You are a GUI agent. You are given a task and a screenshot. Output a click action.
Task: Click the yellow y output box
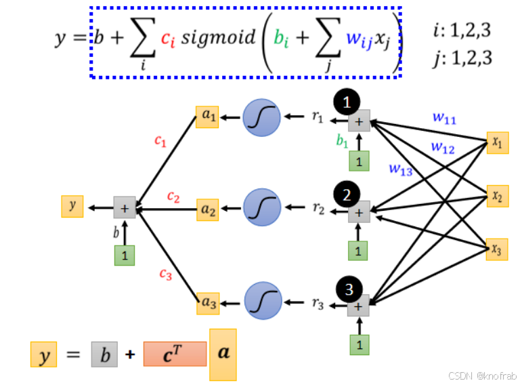coord(72,206)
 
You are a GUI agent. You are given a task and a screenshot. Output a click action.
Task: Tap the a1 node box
coord(207,117)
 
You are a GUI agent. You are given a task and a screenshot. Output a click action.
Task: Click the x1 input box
coord(497,143)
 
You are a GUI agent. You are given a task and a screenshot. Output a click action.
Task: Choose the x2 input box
coord(497,197)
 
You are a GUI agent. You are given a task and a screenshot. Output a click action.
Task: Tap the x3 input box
coord(497,249)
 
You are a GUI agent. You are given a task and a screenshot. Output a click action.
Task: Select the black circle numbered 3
coord(348,289)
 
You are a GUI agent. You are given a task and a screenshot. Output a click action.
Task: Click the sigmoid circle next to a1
coord(261,117)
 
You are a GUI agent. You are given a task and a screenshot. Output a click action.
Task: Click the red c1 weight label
coord(160,141)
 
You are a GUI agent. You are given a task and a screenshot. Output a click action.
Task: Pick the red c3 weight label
coord(165,274)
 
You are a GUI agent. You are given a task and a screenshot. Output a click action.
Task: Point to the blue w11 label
coord(444,119)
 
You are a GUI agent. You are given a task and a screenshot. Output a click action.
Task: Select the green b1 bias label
coord(342,142)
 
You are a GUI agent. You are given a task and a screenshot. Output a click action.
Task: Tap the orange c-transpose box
coord(175,354)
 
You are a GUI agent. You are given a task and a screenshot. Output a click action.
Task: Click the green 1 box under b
coord(125,256)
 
